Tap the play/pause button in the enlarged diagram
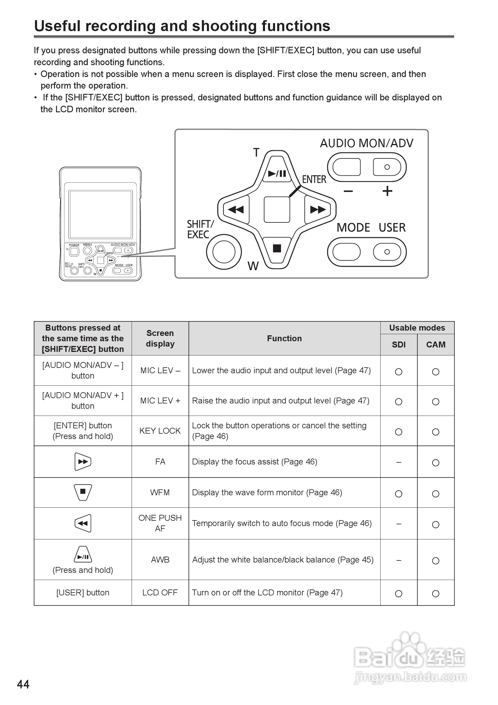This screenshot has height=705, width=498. coord(277,173)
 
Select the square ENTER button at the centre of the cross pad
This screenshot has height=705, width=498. coord(277,209)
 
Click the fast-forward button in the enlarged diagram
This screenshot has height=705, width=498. coord(317,209)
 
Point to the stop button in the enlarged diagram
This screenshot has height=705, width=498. coord(277,248)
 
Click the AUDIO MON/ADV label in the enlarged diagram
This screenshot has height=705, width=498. coord(366,143)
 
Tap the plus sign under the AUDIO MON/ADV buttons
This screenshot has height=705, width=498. coord(387,191)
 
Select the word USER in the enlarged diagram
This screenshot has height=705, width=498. coord(392,227)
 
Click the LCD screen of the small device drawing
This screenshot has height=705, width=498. coord(101,214)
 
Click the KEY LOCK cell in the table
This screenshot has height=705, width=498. coord(160,431)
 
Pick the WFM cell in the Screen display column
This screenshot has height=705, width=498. coord(160,493)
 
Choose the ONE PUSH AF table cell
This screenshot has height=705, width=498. coord(160,523)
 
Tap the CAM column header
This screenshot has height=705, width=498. coord(436,345)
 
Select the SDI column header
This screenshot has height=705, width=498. coord(398,345)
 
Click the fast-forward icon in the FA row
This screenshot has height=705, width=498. coord(83,462)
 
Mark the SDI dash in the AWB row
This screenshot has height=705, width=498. coord(398,560)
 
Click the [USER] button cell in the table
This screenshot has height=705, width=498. coord(83,593)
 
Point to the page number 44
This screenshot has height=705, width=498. coord(23,685)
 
